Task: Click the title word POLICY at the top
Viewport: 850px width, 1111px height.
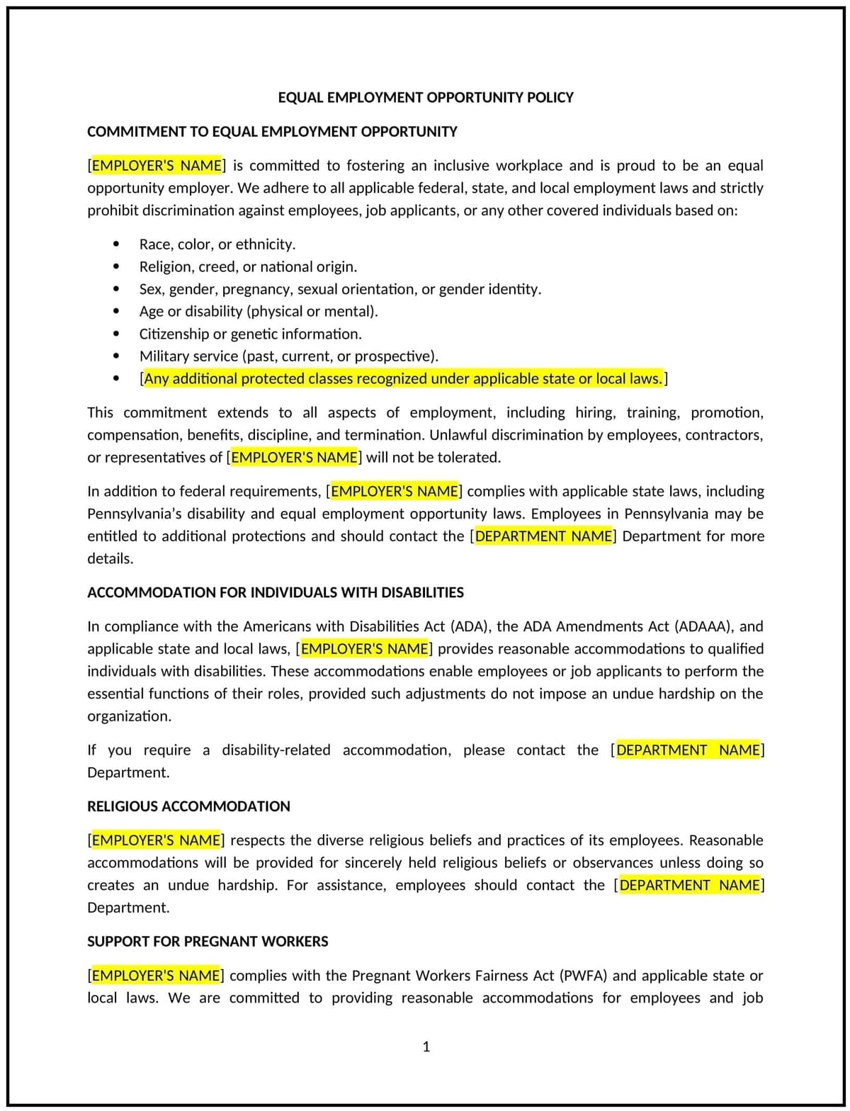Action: point(550,98)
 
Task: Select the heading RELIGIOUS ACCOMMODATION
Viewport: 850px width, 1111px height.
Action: point(188,806)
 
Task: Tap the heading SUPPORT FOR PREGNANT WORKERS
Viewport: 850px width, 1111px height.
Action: point(208,942)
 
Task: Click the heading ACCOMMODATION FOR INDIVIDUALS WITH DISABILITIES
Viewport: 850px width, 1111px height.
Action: point(276,592)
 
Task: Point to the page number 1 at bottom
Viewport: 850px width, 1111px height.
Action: point(426,1047)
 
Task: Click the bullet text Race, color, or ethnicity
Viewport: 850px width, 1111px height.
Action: point(217,244)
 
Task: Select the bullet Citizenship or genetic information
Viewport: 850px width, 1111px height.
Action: point(250,334)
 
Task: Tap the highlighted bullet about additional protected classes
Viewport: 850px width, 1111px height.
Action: point(403,379)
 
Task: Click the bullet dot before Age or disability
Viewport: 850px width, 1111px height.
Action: point(116,312)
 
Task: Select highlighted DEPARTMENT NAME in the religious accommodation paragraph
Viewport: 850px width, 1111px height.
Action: point(689,886)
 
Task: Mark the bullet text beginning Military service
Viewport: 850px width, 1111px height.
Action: point(288,356)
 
